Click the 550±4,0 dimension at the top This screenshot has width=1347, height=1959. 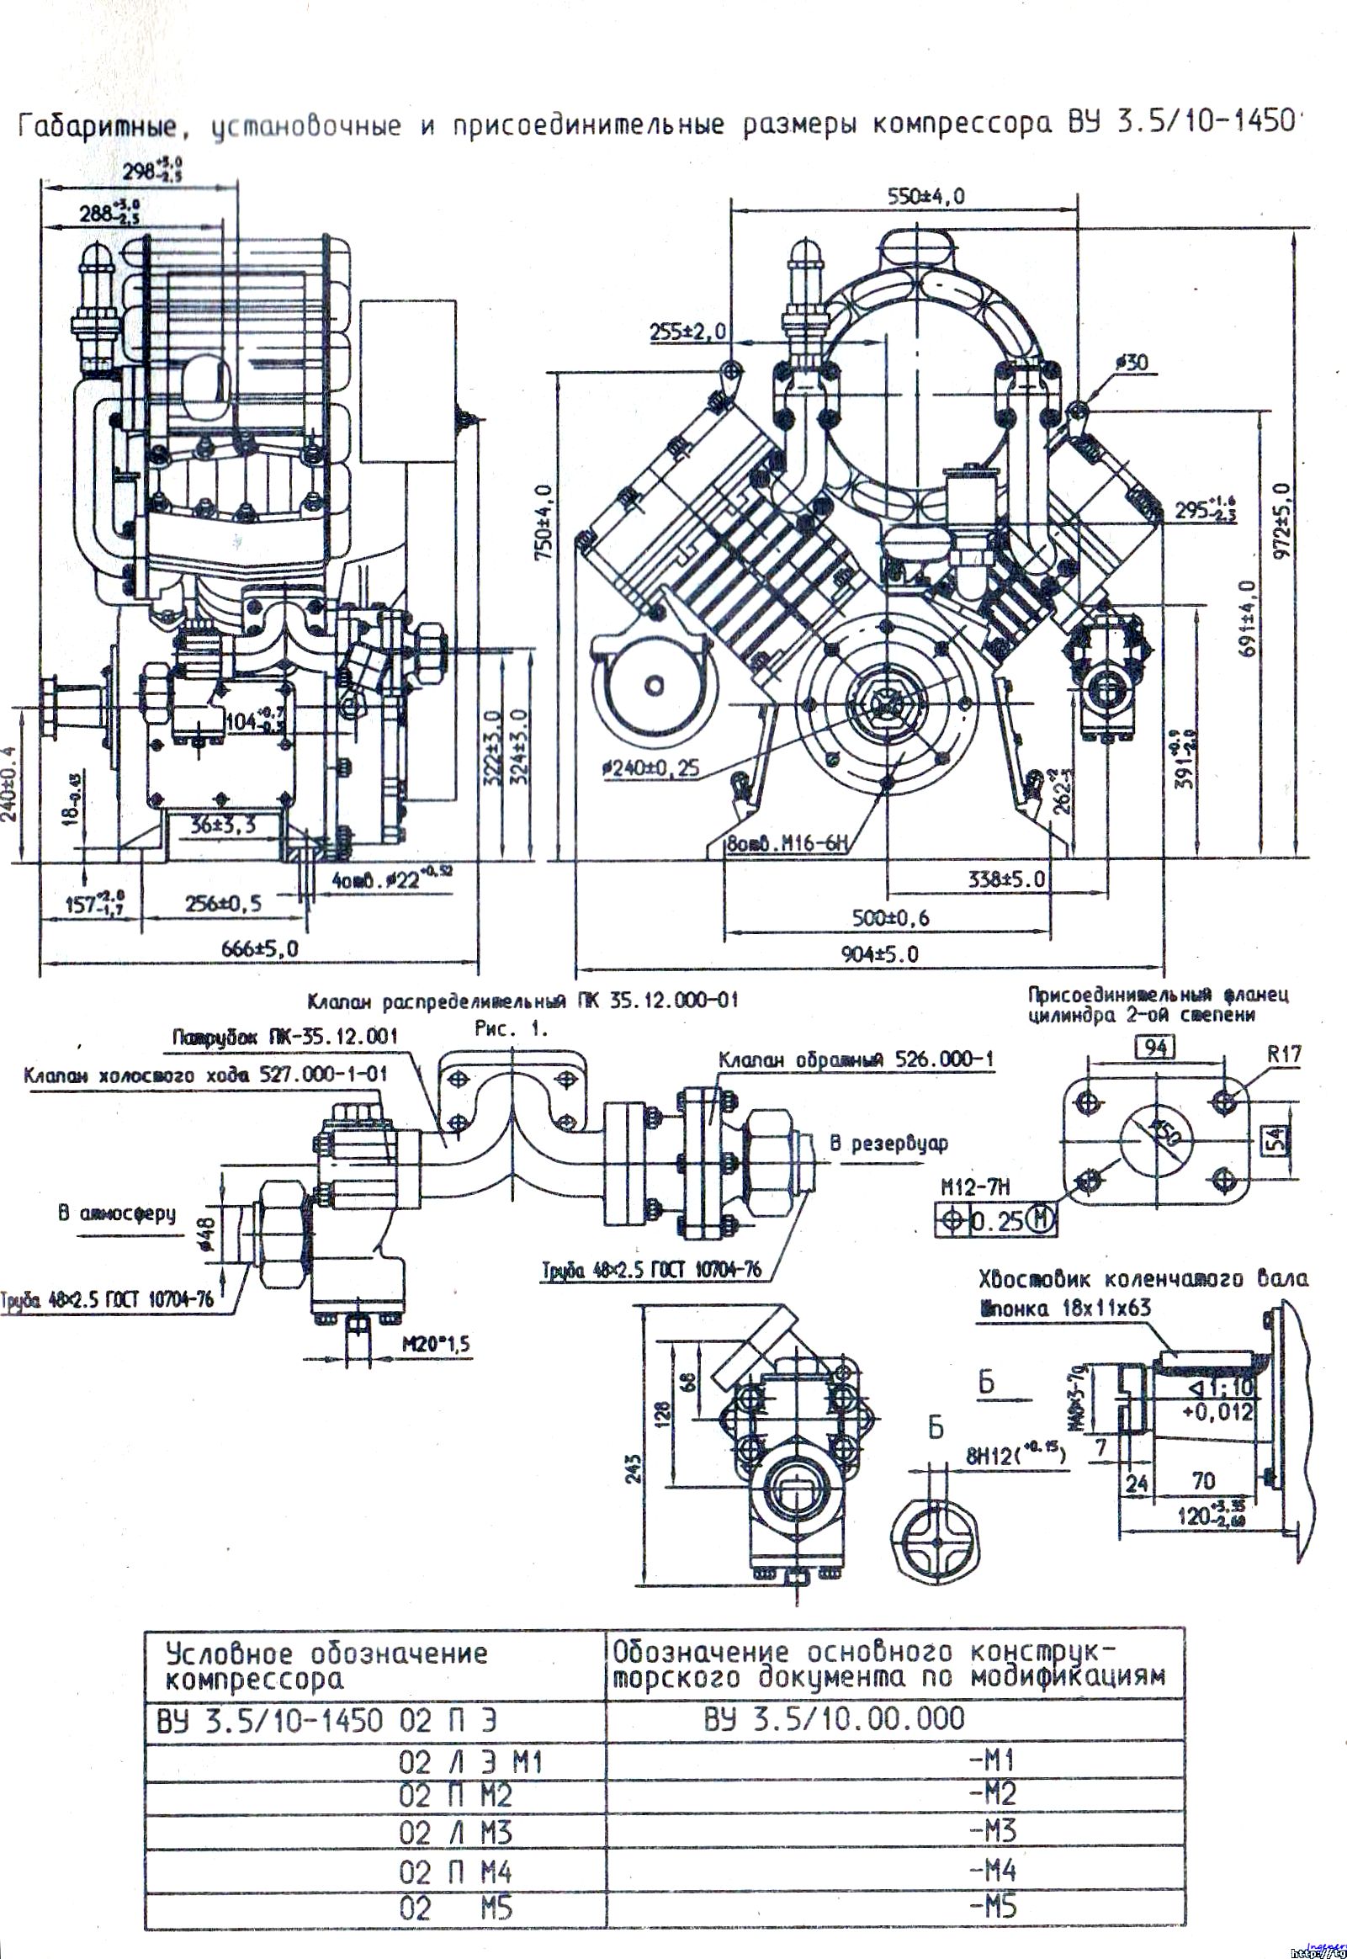click(x=925, y=197)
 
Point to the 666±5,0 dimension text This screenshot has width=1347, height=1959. click(x=260, y=948)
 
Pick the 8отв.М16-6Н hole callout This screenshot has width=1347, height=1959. click(x=788, y=842)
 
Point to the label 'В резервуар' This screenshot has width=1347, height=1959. click(x=888, y=1144)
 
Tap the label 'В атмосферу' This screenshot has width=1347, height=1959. click(x=117, y=1213)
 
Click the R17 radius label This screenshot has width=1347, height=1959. click(x=1285, y=1054)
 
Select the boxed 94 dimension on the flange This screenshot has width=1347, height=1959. click(x=1156, y=1048)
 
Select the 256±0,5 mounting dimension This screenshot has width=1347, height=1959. click(x=223, y=903)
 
